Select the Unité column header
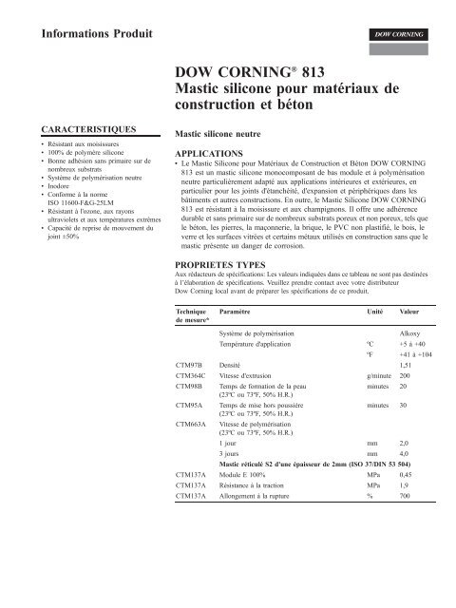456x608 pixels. pos(376,312)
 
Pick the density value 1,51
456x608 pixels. pos(408,364)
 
